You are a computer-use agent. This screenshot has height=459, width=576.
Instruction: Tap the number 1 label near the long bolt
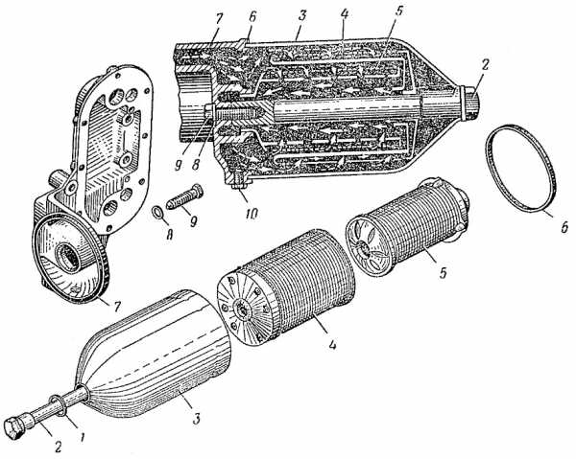[x=83, y=437]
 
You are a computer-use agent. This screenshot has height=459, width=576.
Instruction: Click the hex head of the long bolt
[x=16, y=428]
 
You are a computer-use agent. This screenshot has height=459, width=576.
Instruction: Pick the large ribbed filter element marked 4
[x=286, y=286]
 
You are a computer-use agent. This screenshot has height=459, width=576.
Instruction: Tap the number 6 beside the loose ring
[x=563, y=225]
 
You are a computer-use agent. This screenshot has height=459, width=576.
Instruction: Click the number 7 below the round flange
[x=117, y=307]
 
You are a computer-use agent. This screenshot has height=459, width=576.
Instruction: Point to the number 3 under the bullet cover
[x=197, y=418]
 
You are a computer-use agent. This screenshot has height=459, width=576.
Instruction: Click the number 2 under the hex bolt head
[x=58, y=447]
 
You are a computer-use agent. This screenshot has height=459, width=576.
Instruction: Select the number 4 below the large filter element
[x=332, y=345]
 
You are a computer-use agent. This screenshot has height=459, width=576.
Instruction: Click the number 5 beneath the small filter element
[x=443, y=272]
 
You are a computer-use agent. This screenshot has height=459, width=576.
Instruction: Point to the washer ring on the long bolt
[x=60, y=405]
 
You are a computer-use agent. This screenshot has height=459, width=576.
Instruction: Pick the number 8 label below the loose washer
[x=169, y=234]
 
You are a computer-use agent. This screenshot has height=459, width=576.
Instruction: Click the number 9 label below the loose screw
[x=194, y=221]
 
